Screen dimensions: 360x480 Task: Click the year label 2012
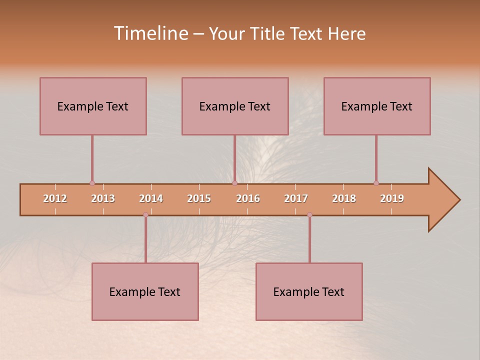[x=55, y=198]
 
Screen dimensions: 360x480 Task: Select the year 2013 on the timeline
[x=103, y=198]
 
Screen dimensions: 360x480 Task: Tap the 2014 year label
[x=151, y=198]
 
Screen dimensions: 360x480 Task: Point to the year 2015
[x=199, y=198]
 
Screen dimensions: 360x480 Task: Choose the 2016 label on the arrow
[x=248, y=198]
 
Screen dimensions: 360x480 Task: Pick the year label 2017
[x=296, y=198]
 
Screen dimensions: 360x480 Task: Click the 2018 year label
[x=344, y=198]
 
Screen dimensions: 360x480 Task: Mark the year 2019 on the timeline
[x=392, y=198]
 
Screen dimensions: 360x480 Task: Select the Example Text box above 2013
[x=93, y=106]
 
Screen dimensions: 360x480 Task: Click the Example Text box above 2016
[x=235, y=106]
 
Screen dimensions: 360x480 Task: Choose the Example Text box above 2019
[x=377, y=106]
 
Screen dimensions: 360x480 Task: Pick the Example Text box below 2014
[x=145, y=291]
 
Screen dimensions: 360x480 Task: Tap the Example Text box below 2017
[x=309, y=291]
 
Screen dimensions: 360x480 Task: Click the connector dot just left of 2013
[x=92, y=183]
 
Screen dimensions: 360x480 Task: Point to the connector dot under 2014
[x=145, y=215]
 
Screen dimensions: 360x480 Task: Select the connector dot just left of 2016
[x=234, y=183]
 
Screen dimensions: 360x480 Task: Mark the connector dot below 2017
[x=309, y=215]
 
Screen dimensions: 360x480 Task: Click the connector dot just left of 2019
[x=376, y=183]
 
